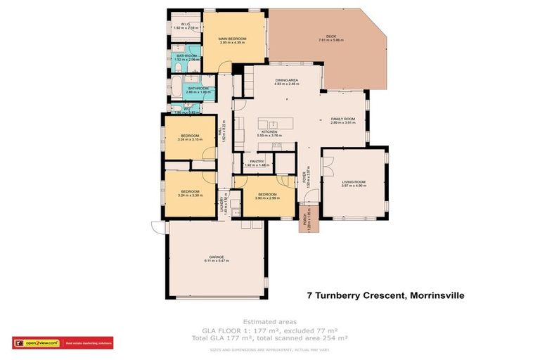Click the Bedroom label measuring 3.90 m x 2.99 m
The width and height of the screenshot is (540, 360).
[267, 195]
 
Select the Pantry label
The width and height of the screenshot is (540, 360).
[256, 163]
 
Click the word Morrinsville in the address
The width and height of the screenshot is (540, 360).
[437, 296]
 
